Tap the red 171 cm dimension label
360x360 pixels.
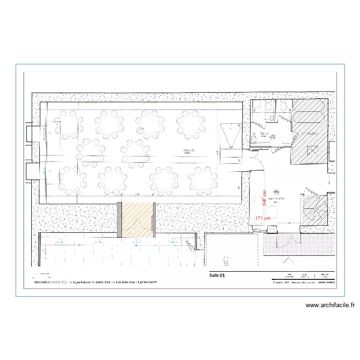(x=263, y=218)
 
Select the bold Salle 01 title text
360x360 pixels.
(x=217, y=276)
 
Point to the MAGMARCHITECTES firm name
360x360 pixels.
(x=51, y=283)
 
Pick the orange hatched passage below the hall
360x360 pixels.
(x=137, y=220)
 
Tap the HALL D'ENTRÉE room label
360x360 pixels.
(x=277, y=198)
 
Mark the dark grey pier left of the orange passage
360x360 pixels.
(x=120, y=220)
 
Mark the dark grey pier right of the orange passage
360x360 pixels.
(x=154, y=220)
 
